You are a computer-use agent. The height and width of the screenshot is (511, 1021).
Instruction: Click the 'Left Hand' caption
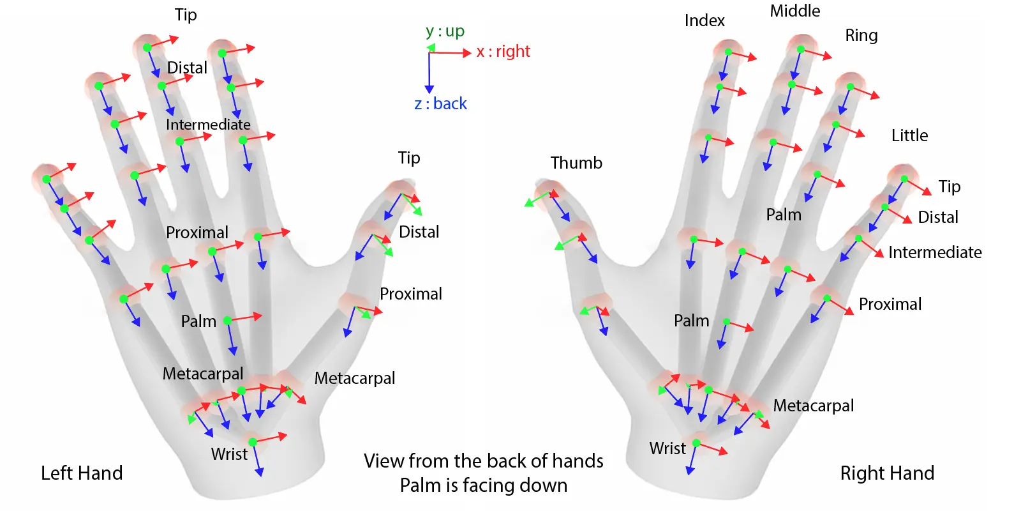pyautogui.click(x=82, y=473)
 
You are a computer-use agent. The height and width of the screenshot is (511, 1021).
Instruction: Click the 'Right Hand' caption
pyautogui.click(x=886, y=473)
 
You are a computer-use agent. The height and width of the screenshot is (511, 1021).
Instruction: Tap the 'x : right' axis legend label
pyautogui.click(x=503, y=52)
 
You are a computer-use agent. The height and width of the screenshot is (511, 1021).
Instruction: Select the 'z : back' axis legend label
pyautogui.click(x=440, y=103)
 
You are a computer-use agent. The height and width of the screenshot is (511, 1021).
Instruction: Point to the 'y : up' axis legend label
pyautogui.click(x=445, y=31)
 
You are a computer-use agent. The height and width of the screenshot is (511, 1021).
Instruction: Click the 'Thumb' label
pyautogui.click(x=576, y=163)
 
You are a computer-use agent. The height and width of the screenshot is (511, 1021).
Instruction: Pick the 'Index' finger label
pyautogui.click(x=704, y=21)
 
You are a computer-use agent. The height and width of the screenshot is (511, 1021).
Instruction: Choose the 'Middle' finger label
pyautogui.click(x=794, y=11)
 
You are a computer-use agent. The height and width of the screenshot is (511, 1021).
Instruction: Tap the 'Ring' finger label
pyautogui.click(x=861, y=36)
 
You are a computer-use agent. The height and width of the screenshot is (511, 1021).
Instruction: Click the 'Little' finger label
pyautogui.click(x=909, y=135)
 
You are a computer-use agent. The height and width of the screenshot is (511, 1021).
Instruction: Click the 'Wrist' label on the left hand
pyautogui.click(x=229, y=454)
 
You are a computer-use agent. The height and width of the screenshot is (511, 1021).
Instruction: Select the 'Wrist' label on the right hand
pyautogui.click(x=667, y=448)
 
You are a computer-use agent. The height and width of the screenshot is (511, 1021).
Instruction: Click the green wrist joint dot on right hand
pyautogui.click(x=696, y=443)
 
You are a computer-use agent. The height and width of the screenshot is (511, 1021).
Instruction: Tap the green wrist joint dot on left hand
pyautogui.click(x=253, y=442)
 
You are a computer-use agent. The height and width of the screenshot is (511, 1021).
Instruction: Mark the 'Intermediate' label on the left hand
pyautogui.click(x=208, y=125)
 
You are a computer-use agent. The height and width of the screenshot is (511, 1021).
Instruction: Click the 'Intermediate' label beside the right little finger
pyautogui.click(x=935, y=252)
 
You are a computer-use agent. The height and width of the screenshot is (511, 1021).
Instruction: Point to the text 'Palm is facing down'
pyautogui.click(x=483, y=485)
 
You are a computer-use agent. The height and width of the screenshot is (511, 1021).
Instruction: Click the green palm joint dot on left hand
pyautogui.click(x=227, y=321)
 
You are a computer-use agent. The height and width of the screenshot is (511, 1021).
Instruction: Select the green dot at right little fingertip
pyautogui.click(x=904, y=179)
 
